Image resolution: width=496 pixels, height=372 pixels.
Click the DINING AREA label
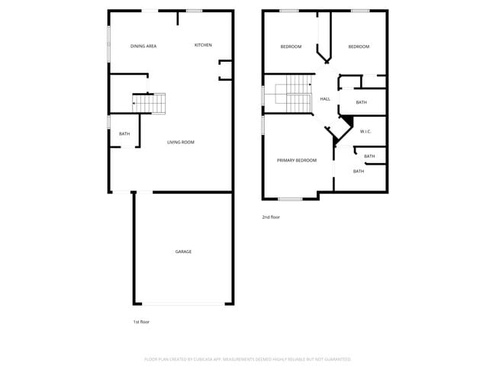[143, 46]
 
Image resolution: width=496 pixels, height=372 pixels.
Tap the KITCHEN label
[203, 45]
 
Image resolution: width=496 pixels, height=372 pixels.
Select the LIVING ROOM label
[181, 142]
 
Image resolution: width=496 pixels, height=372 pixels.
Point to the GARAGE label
[183, 252]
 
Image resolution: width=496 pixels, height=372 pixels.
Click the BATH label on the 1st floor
[124, 134]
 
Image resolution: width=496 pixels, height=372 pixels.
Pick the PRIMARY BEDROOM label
[297, 160]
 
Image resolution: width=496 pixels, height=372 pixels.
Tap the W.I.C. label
[366, 132]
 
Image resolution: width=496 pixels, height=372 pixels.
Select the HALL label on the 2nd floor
[325, 99]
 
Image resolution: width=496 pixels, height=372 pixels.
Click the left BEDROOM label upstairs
[291, 47]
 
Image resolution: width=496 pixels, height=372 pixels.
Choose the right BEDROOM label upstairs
[359, 47]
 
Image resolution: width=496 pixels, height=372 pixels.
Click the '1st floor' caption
[141, 322]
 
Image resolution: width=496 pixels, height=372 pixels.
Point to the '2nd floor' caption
[271, 217]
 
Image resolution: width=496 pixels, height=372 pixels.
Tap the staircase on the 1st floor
[150, 103]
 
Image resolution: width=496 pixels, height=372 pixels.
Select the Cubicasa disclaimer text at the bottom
[248, 358]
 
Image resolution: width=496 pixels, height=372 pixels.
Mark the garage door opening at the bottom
[183, 303]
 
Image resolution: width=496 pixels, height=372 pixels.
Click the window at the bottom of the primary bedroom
[290, 199]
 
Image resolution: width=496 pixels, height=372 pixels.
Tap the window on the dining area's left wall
[108, 39]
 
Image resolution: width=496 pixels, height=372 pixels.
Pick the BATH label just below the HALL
[361, 102]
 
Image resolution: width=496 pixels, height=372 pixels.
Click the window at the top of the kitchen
[194, 11]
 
